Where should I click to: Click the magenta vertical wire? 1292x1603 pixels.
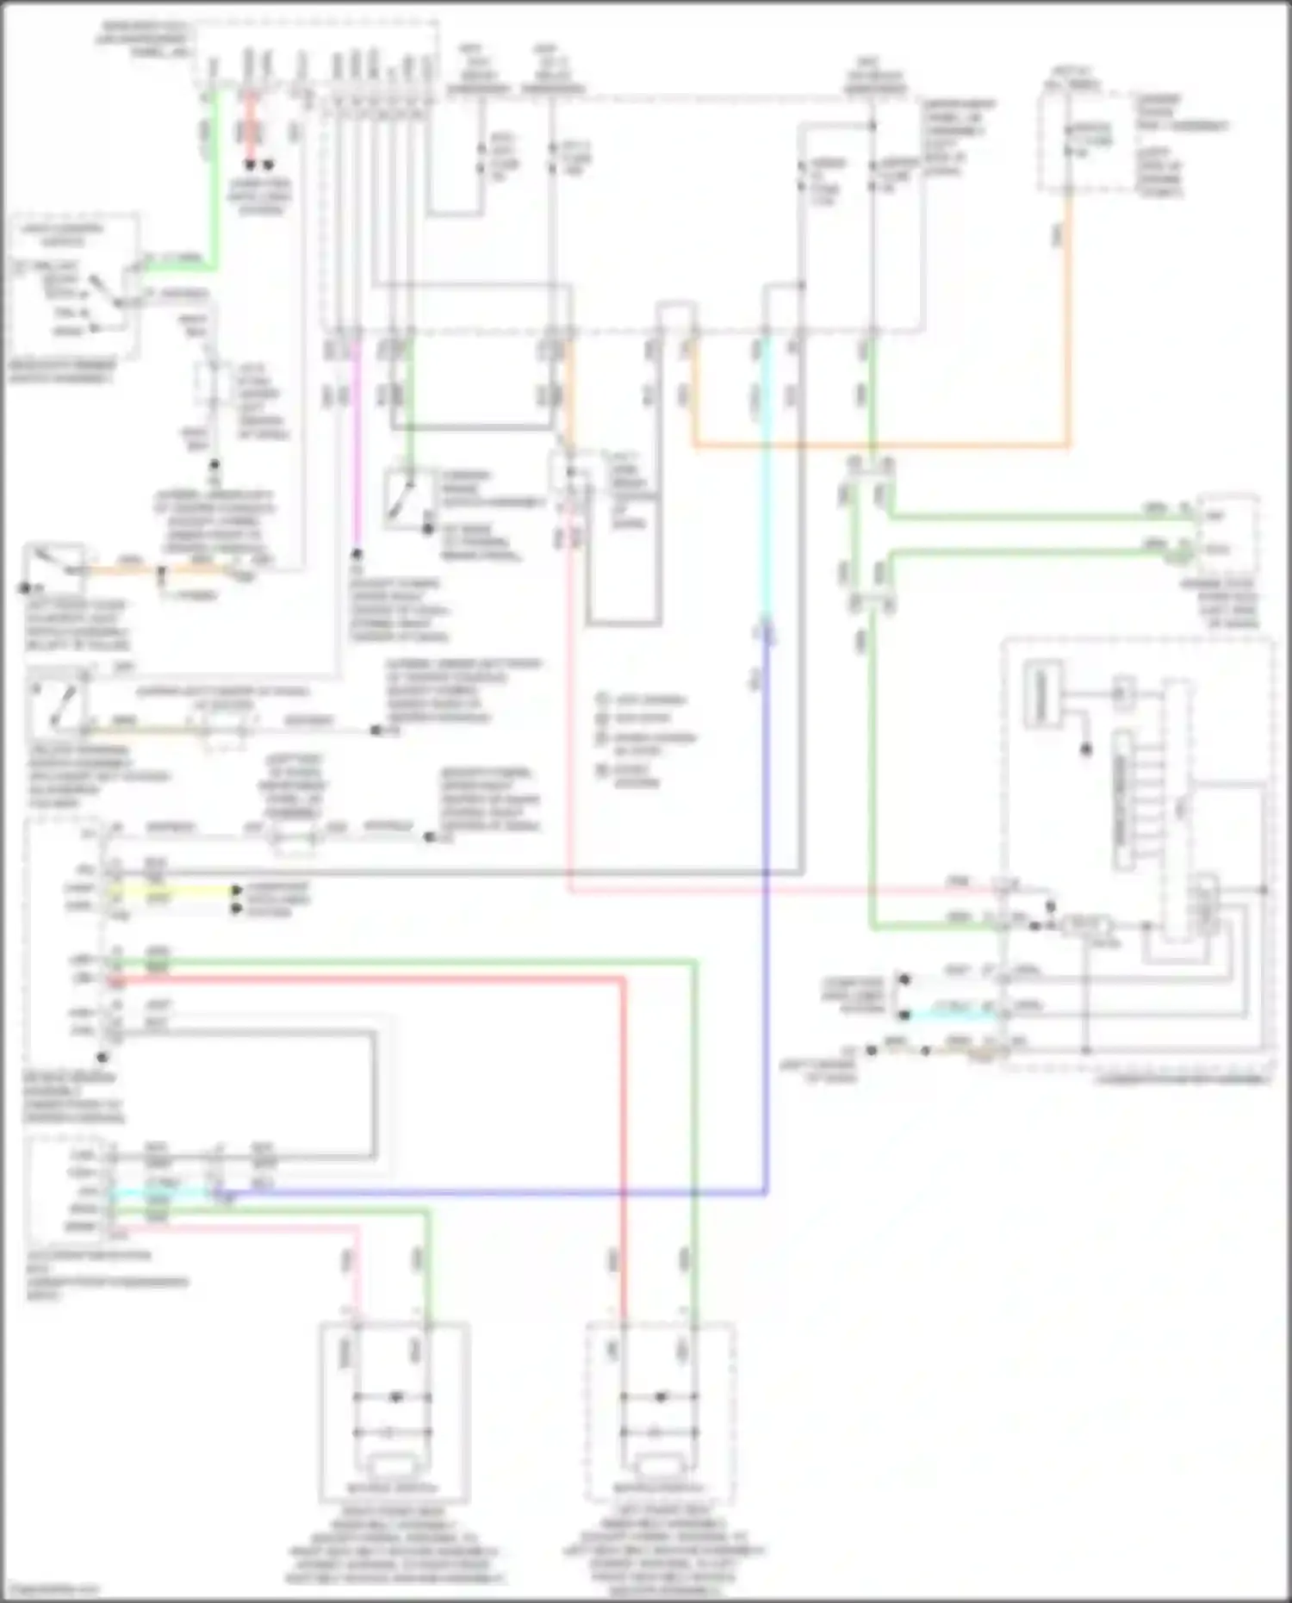point(356,448)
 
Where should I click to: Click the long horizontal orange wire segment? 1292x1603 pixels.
point(879,445)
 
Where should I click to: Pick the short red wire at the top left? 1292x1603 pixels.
point(250,129)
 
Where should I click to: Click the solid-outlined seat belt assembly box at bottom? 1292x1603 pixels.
point(394,1413)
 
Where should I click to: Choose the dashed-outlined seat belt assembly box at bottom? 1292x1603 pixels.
point(661,1413)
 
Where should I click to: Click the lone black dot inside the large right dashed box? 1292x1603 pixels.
point(1086,749)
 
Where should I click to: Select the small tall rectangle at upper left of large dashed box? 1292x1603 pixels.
point(1041,689)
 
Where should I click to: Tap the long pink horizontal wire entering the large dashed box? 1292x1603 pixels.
point(775,891)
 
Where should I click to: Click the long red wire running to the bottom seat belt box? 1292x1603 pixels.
point(623,1120)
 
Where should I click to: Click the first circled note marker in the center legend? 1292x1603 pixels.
point(603,699)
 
